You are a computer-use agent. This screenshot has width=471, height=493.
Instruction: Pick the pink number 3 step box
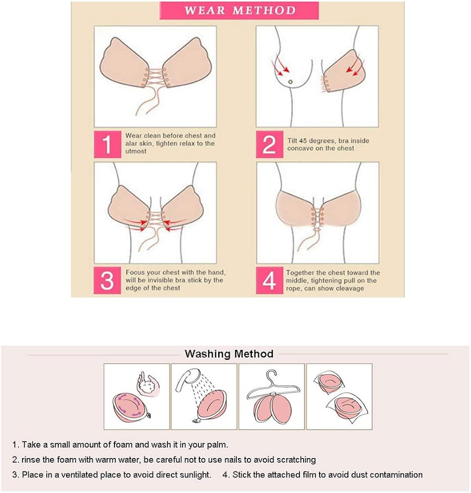click(x=107, y=280)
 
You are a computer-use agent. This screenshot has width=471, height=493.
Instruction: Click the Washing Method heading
click(x=229, y=354)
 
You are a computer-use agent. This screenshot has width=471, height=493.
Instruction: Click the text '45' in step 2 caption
click(x=306, y=140)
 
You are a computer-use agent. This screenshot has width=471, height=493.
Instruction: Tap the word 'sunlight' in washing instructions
click(x=196, y=475)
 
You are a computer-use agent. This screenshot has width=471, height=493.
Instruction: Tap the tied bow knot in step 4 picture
click(x=317, y=229)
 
